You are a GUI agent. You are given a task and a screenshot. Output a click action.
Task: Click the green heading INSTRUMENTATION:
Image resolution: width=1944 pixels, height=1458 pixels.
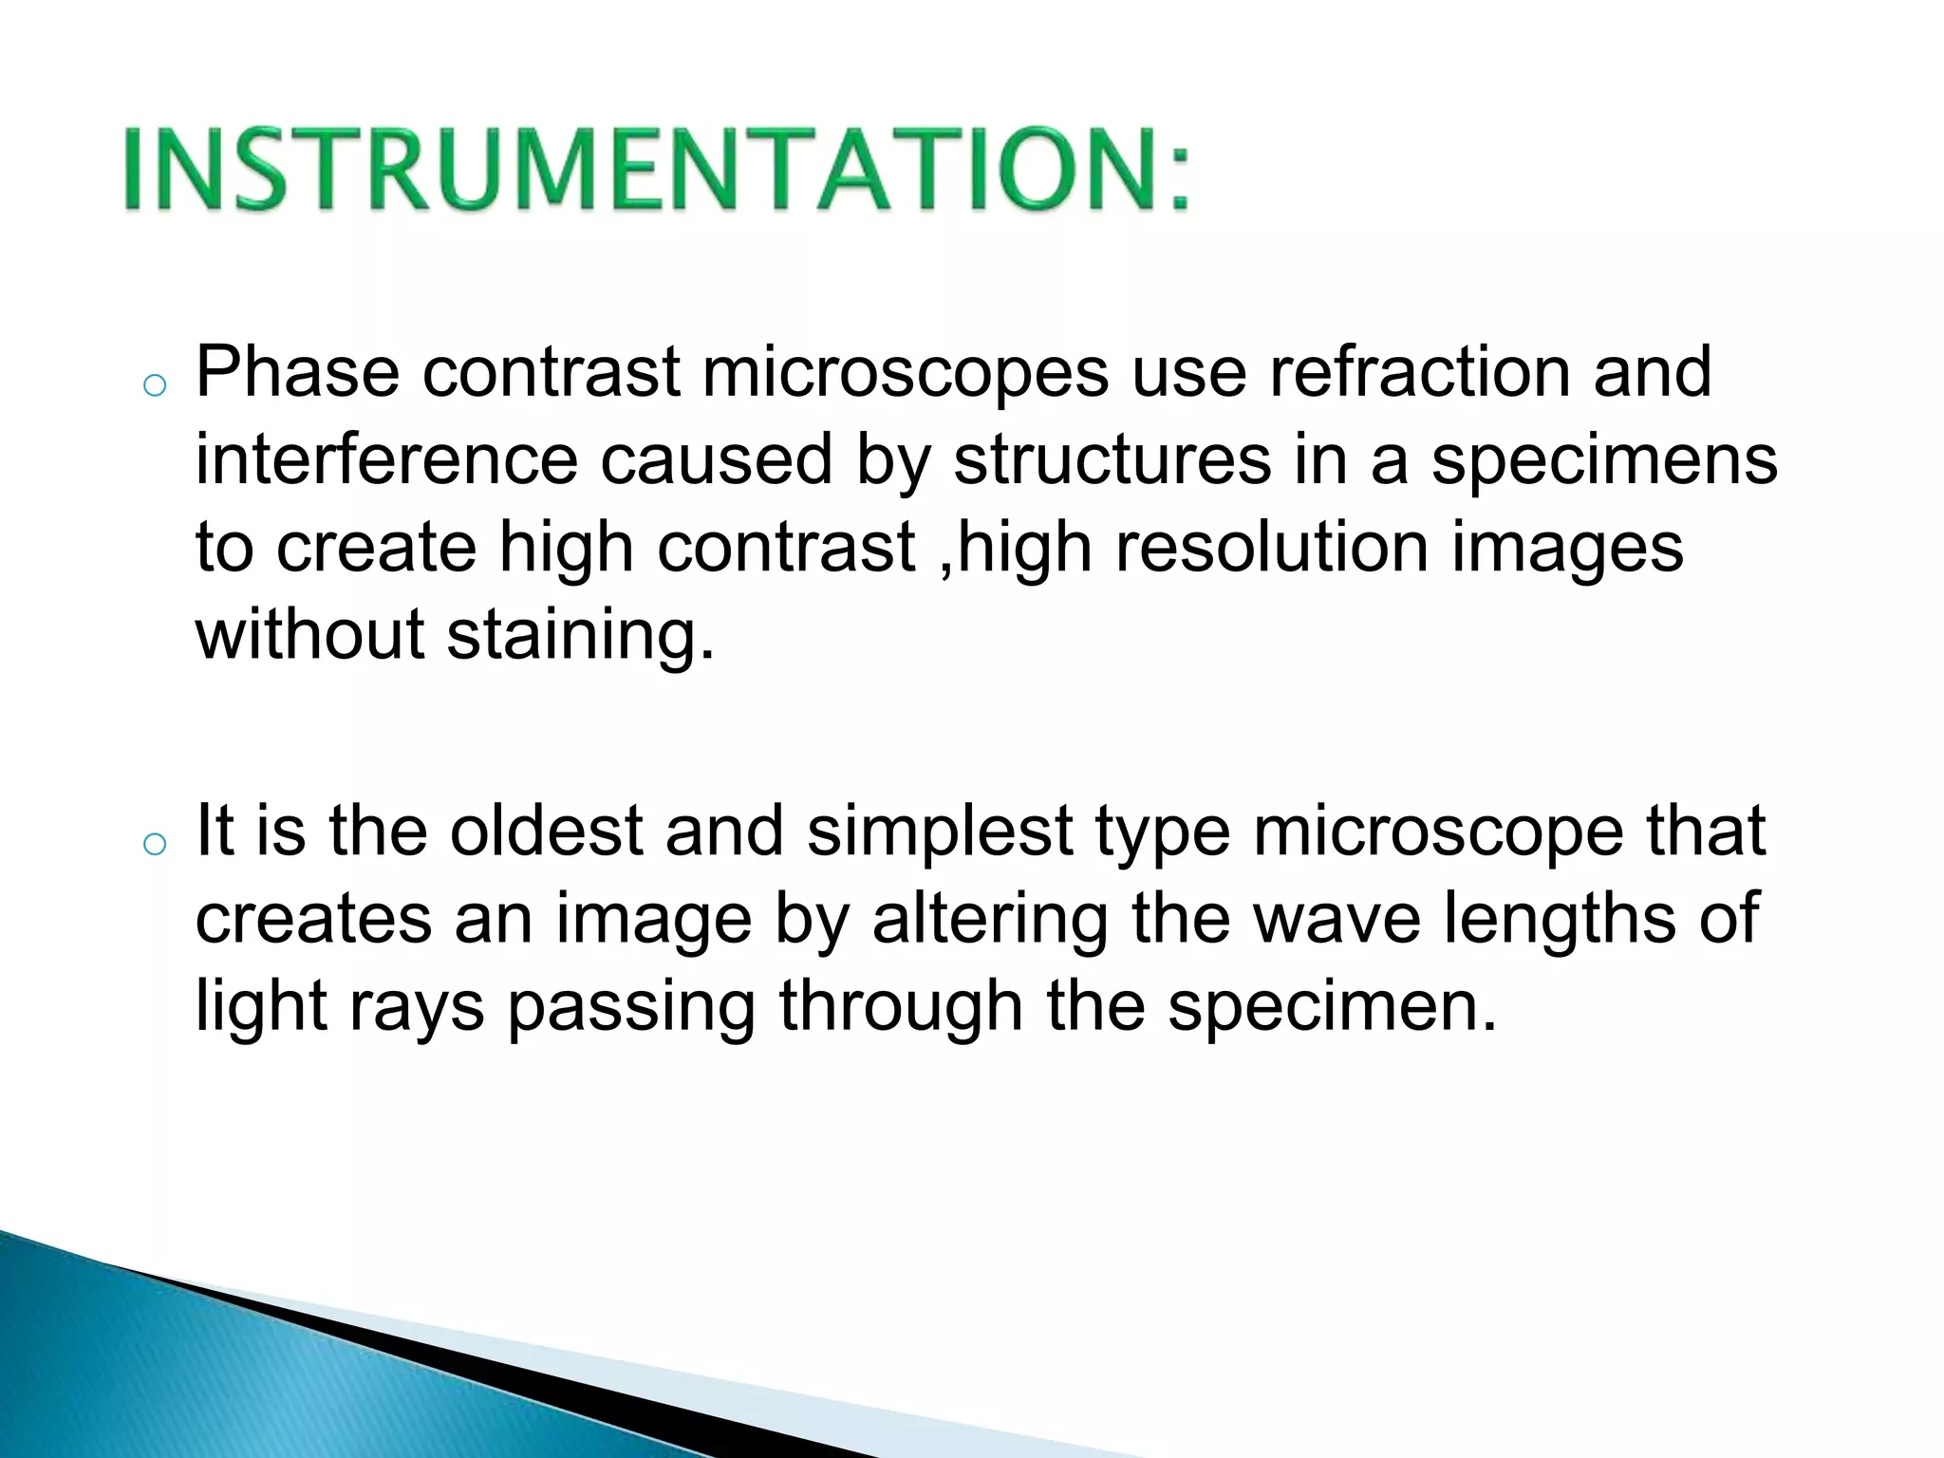(655, 169)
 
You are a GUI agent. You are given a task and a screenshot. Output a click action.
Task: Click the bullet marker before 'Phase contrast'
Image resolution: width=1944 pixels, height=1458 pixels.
(154, 385)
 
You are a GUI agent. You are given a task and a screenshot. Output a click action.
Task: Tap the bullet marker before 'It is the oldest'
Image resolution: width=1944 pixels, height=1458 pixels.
(154, 844)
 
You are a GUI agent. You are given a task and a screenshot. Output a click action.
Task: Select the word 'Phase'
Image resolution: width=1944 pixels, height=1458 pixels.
(297, 372)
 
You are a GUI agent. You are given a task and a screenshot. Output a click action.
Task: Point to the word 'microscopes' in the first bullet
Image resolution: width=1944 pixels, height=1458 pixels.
(905, 372)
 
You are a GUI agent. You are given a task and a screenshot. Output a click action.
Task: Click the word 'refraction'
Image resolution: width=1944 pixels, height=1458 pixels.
(1419, 372)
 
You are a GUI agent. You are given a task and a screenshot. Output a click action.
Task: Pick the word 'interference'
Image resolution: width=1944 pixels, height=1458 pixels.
(386, 460)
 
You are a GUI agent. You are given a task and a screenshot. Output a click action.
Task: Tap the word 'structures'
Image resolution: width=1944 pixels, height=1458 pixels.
(1112, 460)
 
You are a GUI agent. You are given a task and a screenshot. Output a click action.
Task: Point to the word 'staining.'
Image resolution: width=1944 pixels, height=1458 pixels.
(580, 636)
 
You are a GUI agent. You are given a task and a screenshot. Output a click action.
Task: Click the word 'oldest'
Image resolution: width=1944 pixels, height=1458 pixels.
(546, 831)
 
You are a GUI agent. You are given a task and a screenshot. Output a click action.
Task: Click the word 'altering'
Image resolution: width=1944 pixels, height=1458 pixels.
(990, 920)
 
